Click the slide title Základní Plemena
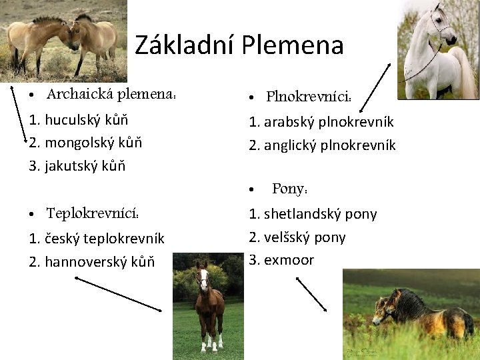(x=239, y=45)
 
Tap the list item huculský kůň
(x=79, y=120)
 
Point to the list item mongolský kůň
(x=86, y=142)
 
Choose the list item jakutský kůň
(x=77, y=165)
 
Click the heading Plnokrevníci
(x=309, y=97)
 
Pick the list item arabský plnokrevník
(x=321, y=122)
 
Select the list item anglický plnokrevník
(x=322, y=145)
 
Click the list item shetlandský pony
(x=313, y=214)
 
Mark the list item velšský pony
(x=297, y=237)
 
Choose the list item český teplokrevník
(x=97, y=238)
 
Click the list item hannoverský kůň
(x=92, y=261)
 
